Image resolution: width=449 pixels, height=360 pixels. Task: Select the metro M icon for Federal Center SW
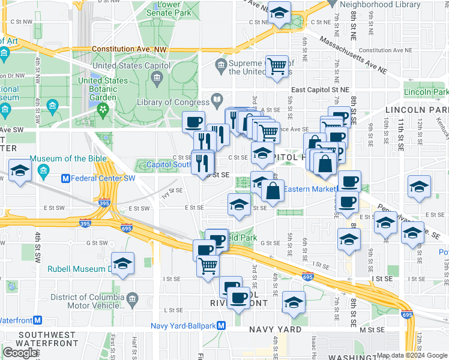[x=67, y=178]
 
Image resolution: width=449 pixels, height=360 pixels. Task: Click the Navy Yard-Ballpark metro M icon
[x=221, y=325]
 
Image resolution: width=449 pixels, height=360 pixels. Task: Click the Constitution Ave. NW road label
[x=127, y=49]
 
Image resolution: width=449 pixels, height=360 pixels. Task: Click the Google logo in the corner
[x=20, y=352]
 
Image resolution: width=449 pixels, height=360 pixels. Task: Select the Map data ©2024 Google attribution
[x=412, y=355]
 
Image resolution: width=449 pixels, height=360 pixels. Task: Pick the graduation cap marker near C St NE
[x=279, y=13]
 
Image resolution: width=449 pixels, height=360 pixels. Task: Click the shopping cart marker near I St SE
[x=208, y=265]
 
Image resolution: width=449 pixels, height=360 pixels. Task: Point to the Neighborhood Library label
[x=379, y=4]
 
